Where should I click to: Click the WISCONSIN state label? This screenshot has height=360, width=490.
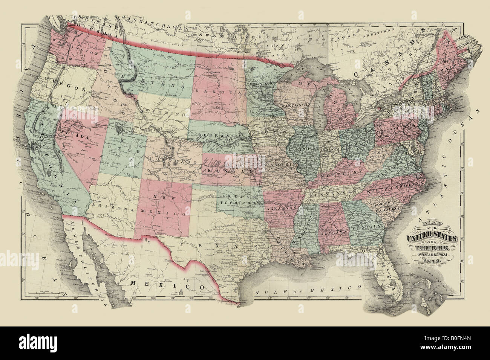coord(297,104)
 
